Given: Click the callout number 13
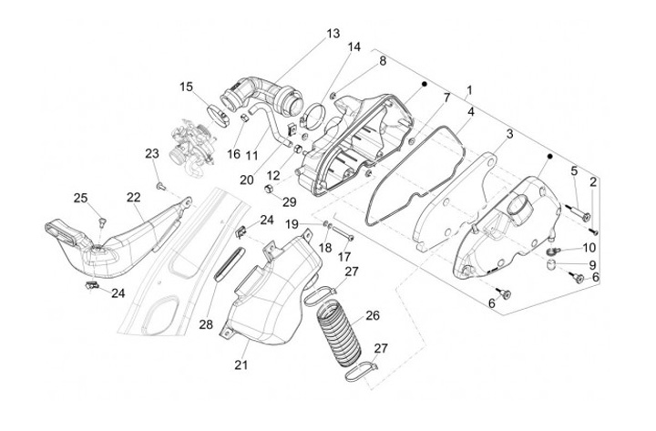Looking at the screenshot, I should click(333, 33).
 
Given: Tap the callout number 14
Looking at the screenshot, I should click(354, 46).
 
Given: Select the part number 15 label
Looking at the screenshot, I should click(186, 87).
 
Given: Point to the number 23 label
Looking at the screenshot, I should click(151, 153).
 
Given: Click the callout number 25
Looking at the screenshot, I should click(80, 198).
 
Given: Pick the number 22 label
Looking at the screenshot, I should click(133, 197).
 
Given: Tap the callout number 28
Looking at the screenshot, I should click(206, 324).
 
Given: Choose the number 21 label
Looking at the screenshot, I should click(241, 365).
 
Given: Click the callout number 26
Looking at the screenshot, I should click(372, 316).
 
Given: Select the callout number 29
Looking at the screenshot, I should click(289, 201).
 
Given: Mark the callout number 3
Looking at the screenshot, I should click(510, 134).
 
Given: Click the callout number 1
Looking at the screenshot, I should click(469, 90).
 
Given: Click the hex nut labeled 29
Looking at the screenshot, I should click(271, 189).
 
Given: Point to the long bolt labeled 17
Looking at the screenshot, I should click(342, 233).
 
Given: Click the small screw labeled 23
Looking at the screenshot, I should click(160, 185).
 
